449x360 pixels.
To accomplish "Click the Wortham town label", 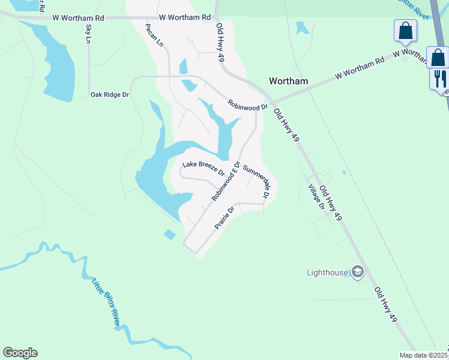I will point(289,81).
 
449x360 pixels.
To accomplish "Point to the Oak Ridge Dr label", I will point(110,95).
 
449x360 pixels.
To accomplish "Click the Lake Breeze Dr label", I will point(203,168).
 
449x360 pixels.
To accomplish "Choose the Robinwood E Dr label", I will point(226,181).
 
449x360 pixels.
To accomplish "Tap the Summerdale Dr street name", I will point(258,182).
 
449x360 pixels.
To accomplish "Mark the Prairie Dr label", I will point(224,218).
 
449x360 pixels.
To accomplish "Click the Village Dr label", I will point(316,196).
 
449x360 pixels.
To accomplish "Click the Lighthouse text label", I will point(327,273).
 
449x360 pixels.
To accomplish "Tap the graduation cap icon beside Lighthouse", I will point(358,272).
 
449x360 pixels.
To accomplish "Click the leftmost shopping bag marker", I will point(405,30).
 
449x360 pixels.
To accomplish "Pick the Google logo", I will point(20,353).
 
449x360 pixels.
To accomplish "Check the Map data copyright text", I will point(424,355).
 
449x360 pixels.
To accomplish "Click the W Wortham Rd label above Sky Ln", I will point(79,18).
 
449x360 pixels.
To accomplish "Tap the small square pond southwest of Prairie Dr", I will point(170,234).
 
